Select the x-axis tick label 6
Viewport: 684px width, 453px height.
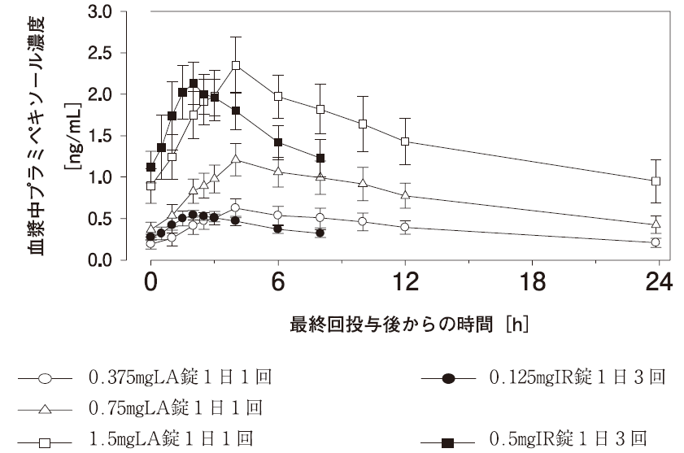point(278,283)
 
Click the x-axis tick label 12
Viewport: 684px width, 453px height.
point(405,283)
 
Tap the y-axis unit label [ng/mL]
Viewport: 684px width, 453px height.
point(72,137)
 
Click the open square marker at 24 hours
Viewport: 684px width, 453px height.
point(656,181)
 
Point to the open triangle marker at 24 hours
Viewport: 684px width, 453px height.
point(656,224)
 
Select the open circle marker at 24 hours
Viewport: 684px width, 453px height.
point(656,242)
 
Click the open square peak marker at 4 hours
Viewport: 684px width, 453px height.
point(236,65)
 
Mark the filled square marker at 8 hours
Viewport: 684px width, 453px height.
point(320,158)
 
